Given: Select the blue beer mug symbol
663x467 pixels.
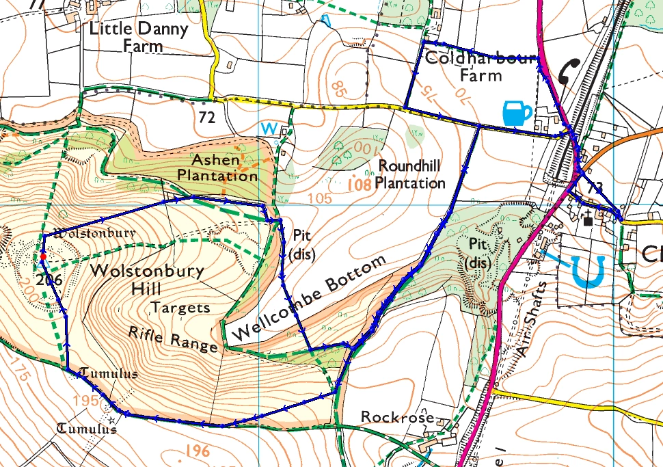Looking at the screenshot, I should tap(517, 113).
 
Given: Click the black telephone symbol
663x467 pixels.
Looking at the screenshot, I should tap(567, 70).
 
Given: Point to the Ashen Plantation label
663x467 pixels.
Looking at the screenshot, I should tap(217, 168).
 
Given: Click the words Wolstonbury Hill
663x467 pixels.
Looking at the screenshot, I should tap(146, 278).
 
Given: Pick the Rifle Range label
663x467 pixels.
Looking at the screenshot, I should tap(173, 338).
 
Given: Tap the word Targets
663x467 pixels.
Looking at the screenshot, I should tap(182, 308).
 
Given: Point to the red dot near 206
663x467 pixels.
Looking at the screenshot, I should tap(42, 256).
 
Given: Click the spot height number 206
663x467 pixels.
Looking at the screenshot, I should tap(47, 280).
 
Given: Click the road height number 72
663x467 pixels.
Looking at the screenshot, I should tap(207, 116).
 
